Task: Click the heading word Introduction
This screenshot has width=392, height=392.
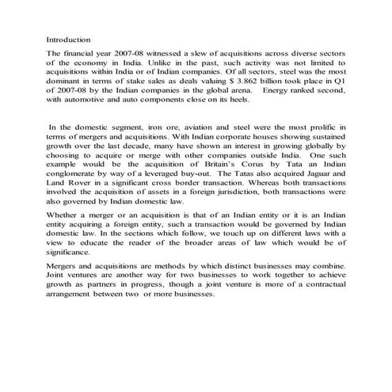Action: pos(69,38)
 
